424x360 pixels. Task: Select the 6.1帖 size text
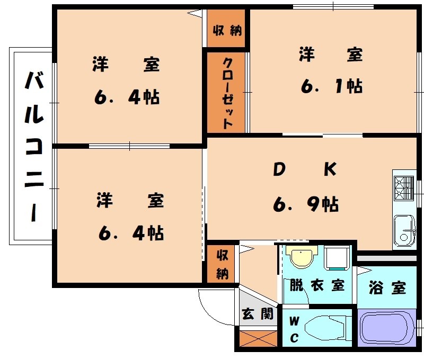click(331, 86)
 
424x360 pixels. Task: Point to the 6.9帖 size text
click(306, 203)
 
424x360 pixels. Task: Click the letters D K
click(305, 169)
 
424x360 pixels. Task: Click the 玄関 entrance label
click(259, 314)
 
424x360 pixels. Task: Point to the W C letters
click(294, 329)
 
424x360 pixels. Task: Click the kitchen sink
click(405, 230)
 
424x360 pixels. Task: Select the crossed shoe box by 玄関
click(258, 338)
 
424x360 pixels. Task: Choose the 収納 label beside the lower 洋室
click(223, 264)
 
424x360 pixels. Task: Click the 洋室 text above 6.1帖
click(331, 55)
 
